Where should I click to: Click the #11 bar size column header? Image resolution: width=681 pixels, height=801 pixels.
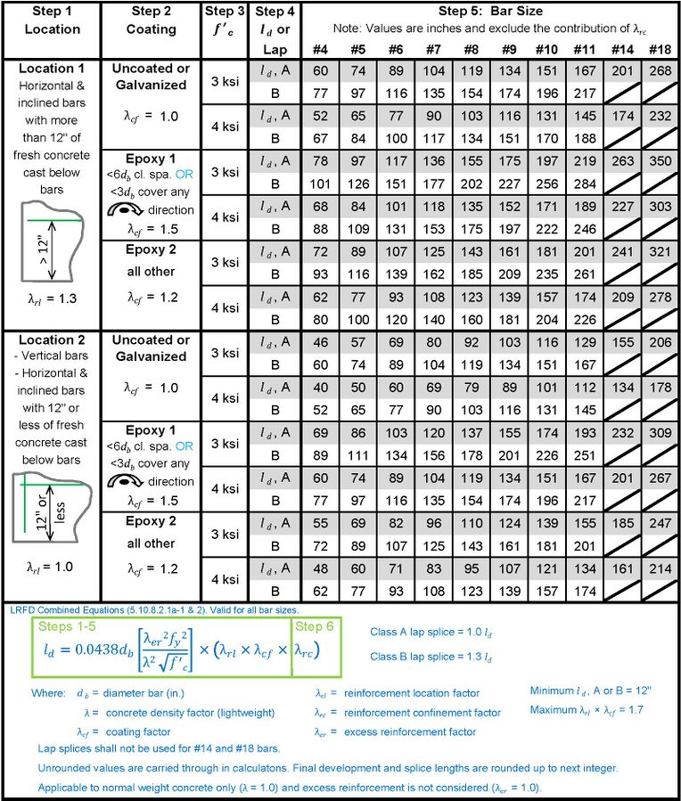[x=583, y=50]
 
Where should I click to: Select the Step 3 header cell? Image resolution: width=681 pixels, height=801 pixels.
[x=224, y=12]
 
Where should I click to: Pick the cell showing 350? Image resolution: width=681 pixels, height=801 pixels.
[x=660, y=162]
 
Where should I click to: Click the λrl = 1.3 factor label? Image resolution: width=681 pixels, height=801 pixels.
[x=51, y=298]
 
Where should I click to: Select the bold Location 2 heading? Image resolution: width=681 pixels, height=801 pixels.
[x=51, y=339]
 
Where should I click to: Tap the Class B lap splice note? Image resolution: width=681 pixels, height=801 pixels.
[x=429, y=657]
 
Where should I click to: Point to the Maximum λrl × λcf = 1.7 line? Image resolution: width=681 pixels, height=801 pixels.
[x=586, y=709]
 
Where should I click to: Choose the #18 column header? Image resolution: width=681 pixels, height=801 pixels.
[x=660, y=50]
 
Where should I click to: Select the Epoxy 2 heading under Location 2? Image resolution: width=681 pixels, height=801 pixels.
[x=151, y=520]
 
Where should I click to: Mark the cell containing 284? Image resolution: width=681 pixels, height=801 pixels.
[x=583, y=184]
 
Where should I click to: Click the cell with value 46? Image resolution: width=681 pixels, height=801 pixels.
[x=321, y=343]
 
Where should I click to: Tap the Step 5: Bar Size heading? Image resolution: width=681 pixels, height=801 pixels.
[x=490, y=12]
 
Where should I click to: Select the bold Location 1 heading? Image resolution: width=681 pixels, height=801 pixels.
[x=51, y=68]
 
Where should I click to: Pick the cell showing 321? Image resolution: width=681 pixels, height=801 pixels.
[x=660, y=252]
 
